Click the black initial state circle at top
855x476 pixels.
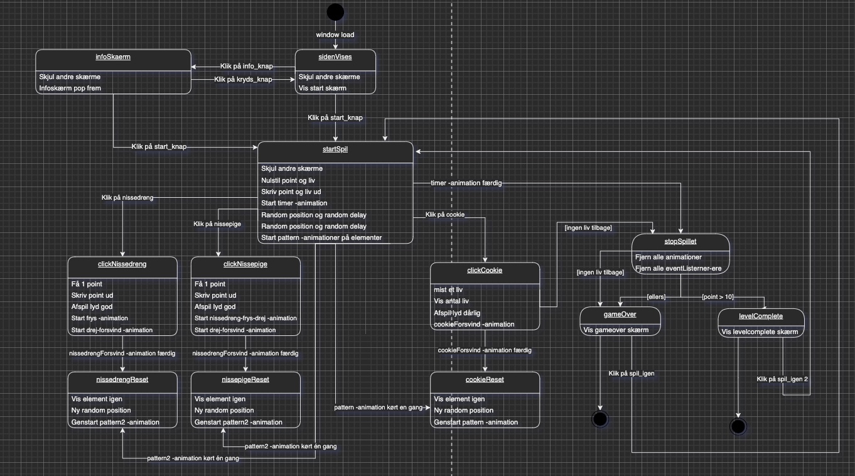tap(335, 12)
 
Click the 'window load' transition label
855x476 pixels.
tap(335, 35)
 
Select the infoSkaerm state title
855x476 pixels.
tap(113, 57)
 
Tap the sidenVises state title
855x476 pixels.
tap(335, 57)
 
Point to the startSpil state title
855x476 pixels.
tap(335, 149)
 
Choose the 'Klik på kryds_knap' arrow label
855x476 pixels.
tap(243, 79)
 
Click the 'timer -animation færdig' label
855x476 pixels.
tap(466, 183)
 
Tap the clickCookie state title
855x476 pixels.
tap(485, 271)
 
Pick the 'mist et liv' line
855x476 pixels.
tap(449, 290)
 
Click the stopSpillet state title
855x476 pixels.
tap(680, 241)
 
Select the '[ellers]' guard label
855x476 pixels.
tap(657, 296)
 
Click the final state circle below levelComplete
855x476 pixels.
tap(738, 427)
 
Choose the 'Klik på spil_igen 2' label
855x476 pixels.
tap(782, 379)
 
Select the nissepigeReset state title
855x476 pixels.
tap(245, 379)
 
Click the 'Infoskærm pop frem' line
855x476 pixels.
tap(70, 88)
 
